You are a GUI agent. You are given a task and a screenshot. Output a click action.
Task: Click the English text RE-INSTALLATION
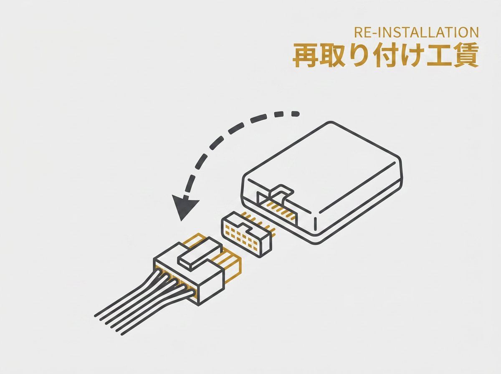click(416, 32)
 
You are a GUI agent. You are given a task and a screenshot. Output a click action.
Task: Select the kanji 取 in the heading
click(332, 55)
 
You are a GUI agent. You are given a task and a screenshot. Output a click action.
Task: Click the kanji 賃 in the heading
click(466, 55)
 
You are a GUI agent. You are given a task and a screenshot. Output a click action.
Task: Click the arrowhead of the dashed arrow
click(185, 207)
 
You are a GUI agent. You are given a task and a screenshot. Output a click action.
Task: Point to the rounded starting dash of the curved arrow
click(295, 114)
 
